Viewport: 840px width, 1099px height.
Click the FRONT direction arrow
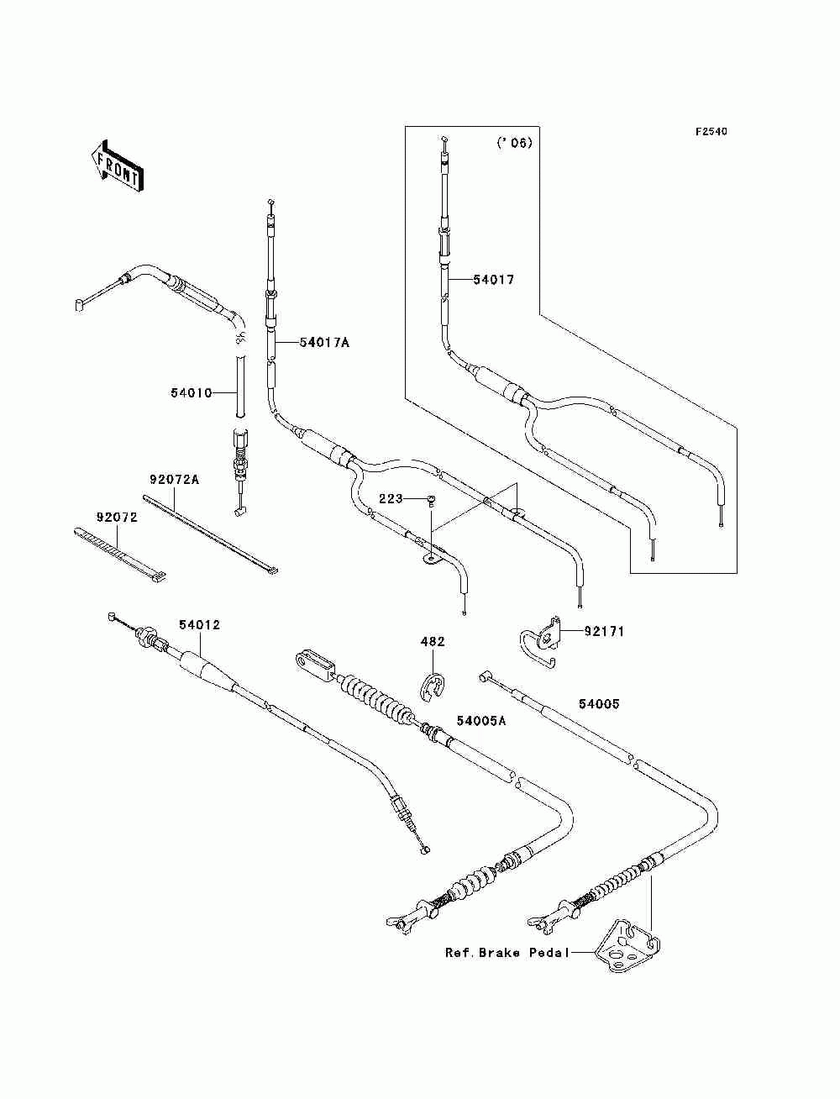(x=118, y=166)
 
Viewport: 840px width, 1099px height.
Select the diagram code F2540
(x=711, y=132)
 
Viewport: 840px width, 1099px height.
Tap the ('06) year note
(x=514, y=143)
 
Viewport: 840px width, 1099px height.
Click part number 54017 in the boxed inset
(x=494, y=280)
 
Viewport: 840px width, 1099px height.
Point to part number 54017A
(x=324, y=343)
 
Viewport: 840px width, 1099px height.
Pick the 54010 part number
(x=192, y=393)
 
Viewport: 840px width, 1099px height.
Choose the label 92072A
(x=174, y=480)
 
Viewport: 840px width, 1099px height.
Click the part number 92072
(x=117, y=518)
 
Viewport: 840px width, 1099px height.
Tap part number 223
(x=391, y=499)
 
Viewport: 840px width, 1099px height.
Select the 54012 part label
(x=200, y=625)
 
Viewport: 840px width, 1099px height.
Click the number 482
(x=433, y=642)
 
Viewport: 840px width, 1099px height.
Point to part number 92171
(x=604, y=632)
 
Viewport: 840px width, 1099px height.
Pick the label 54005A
(x=481, y=720)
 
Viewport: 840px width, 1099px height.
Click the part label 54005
(x=599, y=704)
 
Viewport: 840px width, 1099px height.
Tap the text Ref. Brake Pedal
(x=507, y=953)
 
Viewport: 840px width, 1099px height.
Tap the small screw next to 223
(x=431, y=500)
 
